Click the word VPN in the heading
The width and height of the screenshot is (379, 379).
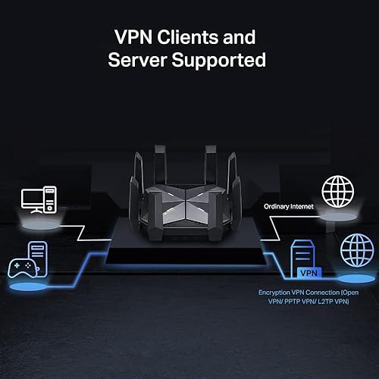click(130, 36)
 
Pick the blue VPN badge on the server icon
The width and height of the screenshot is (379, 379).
click(309, 271)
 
